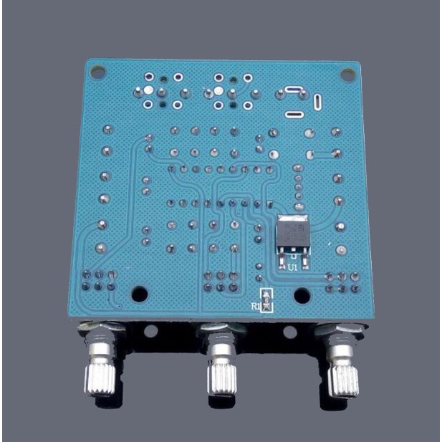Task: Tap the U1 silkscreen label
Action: pos(292,267)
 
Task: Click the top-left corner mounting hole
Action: pos(98,72)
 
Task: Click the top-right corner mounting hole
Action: pos(347,72)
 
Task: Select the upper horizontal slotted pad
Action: pos(294,90)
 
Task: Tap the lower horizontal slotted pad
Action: pos(294,114)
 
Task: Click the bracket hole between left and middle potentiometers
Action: pos(151,332)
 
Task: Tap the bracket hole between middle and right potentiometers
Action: pos(289,332)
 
